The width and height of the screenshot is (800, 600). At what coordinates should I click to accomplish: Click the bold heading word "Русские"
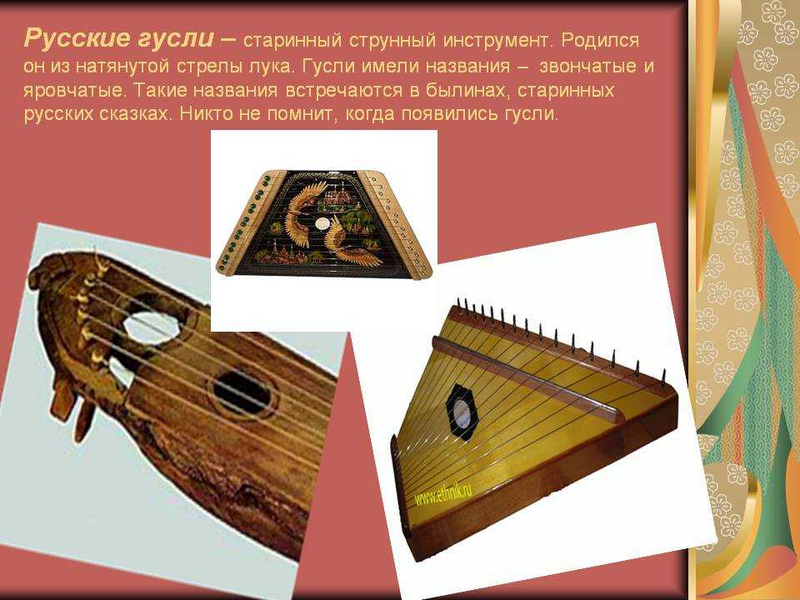pyautogui.click(x=77, y=39)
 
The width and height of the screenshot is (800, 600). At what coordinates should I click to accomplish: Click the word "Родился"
pyautogui.click(x=600, y=41)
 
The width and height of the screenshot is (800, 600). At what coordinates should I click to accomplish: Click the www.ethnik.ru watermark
pyautogui.click(x=442, y=492)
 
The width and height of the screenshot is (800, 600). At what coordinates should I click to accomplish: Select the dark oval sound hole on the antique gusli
pyautogui.click(x=242, y=392)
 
